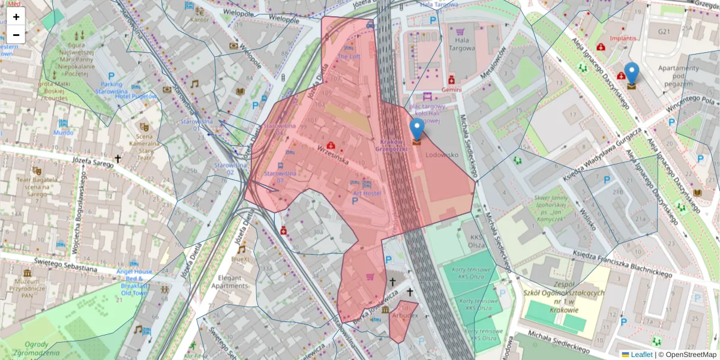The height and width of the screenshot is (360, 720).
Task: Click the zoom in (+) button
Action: (16, 16)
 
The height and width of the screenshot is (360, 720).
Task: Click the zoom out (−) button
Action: (16, 34)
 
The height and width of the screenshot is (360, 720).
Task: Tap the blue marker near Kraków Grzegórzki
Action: (416, 130)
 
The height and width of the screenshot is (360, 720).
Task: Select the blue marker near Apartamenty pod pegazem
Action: (631, 74)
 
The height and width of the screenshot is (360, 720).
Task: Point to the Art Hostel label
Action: (367, 193)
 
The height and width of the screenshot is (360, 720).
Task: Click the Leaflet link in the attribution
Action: (641, 355)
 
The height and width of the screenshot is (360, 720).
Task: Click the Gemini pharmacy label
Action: (451, 89)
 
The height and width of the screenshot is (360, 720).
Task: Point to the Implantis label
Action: (622, 38)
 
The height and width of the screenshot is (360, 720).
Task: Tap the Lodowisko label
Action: (442, 154)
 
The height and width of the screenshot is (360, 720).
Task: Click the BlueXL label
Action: (240, 259)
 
